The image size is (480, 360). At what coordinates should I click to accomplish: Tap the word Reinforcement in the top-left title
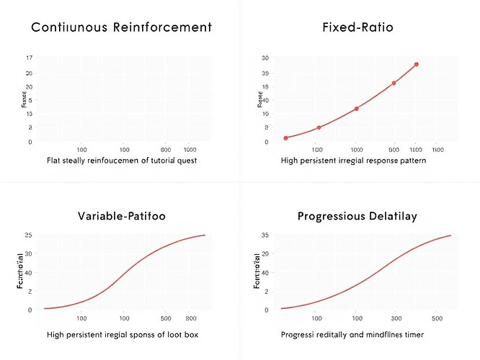coord(164,28)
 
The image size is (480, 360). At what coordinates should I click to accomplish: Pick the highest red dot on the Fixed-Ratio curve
coord(416,65)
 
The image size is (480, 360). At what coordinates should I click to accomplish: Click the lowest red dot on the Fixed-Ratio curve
coord(286,138)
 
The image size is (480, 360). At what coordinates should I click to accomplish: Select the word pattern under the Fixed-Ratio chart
coord(408,161)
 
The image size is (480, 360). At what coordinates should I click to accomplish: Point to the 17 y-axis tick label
coord(29,58)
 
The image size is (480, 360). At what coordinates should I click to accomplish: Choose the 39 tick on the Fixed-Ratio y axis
coord(266,73)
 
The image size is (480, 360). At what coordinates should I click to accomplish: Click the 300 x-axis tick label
coord(396,318)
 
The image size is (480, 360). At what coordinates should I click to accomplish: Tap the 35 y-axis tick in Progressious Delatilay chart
coord(265,235)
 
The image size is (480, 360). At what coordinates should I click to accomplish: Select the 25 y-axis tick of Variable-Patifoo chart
coord(28,235)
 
